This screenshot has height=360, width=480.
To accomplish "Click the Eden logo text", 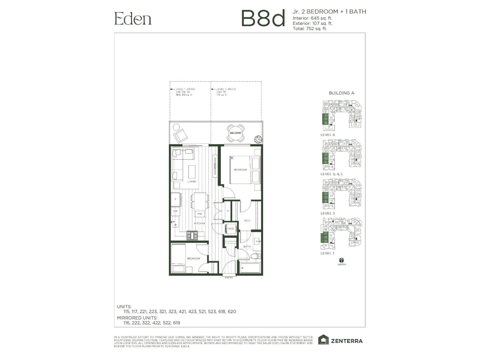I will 133,19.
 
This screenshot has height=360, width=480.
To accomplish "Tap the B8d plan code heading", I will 263,18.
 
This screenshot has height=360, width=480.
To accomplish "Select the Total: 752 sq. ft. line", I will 310,29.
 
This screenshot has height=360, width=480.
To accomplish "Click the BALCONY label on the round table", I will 235,133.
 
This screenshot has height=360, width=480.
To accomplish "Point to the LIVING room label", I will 192,181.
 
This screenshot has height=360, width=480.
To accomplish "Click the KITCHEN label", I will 199,223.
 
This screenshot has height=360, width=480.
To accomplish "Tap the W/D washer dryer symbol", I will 231,229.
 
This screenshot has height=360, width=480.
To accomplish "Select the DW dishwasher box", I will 175,211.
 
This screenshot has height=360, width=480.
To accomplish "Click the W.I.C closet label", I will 247,221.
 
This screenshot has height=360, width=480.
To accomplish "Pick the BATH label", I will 247,247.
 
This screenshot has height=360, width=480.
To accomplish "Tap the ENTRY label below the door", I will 229,278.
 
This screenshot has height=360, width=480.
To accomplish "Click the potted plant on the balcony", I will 257,139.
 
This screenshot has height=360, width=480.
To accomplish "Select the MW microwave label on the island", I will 199,214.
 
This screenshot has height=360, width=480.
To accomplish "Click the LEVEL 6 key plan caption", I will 328,135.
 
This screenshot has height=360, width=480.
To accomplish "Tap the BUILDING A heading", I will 341,93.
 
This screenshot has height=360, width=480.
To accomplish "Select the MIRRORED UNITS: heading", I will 137,318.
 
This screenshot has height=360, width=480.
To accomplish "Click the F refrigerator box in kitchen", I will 176,199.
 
